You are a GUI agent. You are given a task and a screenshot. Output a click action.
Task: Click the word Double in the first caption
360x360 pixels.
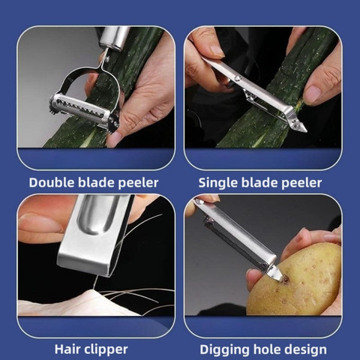52,182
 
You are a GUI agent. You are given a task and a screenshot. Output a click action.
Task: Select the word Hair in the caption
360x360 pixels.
67,349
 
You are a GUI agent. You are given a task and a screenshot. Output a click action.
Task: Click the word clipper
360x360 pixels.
106,350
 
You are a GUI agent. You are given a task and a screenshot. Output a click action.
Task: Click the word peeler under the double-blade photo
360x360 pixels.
138,183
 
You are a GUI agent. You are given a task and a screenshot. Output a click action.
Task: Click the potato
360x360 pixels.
295,280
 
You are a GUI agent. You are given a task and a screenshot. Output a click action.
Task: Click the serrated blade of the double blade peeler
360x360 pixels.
81,109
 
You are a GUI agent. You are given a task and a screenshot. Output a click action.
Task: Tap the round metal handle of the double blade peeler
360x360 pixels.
115,38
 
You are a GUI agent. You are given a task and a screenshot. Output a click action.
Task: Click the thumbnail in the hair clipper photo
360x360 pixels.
40,223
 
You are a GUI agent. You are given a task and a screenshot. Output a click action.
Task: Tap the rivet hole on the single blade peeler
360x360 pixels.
237,78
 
